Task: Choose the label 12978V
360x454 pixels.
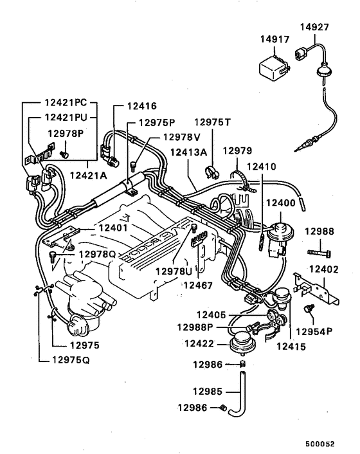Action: click(182, 137)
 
